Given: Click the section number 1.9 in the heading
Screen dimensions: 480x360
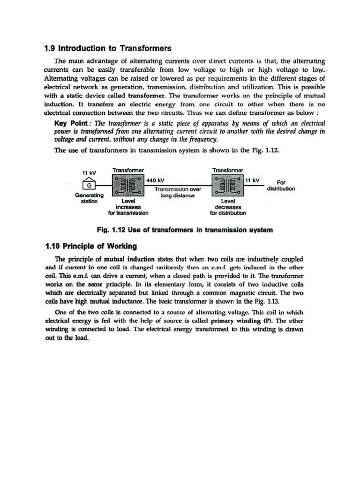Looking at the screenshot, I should pos(50,48).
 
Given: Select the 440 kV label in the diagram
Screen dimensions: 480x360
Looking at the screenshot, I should pos(155,180).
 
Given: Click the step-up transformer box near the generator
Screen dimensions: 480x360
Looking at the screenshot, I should pos(128,186).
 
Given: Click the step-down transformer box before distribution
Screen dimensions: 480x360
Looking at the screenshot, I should pos(227,186).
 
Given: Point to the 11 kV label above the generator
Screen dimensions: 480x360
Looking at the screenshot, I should pos(89,172).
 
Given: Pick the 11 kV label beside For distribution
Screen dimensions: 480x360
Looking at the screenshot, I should pos(253,180).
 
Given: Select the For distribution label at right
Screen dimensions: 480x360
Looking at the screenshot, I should pos(281,186).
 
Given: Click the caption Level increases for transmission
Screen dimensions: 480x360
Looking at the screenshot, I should pos(128,207).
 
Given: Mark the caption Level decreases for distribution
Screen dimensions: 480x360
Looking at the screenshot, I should pos(227,207).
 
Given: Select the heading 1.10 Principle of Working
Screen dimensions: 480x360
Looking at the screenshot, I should pos(90,246).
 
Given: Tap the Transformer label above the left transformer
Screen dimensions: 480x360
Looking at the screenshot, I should pos(128,170).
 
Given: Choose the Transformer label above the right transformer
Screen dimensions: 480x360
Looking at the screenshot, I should pos(227,170).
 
